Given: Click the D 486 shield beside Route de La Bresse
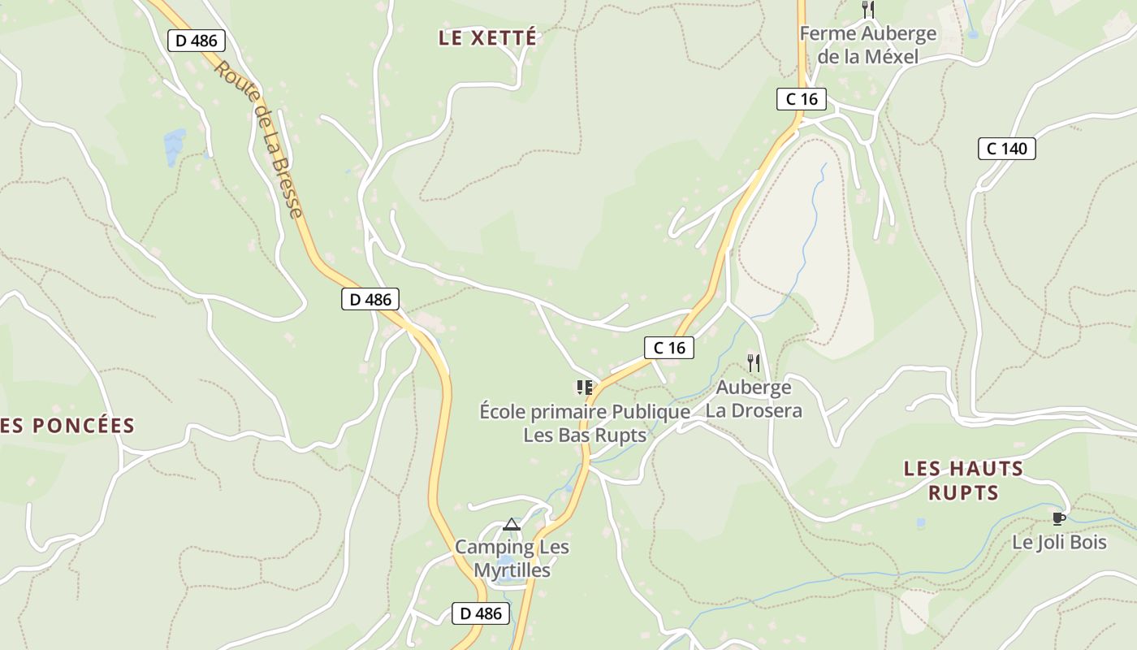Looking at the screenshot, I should (197, 41).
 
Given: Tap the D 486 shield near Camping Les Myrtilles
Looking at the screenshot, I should (481, 613).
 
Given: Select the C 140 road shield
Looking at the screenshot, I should (1006, 149).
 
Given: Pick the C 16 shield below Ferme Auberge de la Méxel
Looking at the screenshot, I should (801, 99).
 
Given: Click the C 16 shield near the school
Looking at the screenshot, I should (669, 348).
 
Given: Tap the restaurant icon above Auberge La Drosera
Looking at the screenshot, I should (754, 362).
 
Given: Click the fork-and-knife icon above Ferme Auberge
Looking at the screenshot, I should (868, 10).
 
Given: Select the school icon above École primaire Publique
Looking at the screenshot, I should (584, 387).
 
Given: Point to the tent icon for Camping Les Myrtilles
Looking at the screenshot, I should (511, 524).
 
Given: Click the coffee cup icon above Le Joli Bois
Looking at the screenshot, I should (1058, 518).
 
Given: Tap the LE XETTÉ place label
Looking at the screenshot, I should (487, 37).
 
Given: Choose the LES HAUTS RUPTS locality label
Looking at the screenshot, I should (963, 480).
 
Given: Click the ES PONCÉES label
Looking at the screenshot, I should (68, 426).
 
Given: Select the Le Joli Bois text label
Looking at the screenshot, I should (1059, 542).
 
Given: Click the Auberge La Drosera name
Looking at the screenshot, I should (754, 399).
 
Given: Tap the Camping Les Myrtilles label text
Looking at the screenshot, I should (512, 559).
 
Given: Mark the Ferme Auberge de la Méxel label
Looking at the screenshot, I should (868, 45).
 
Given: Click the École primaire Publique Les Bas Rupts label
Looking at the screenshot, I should (585, 423).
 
